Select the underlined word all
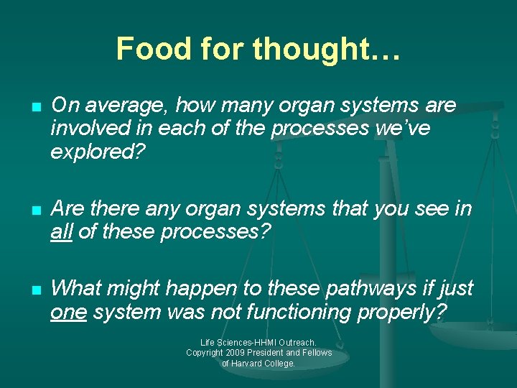pyautogui.click(x=62, y=232)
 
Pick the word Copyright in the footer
pyautogui.click(x=205, y=353)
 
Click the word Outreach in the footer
pyautogui.click(x=295, y=343)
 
